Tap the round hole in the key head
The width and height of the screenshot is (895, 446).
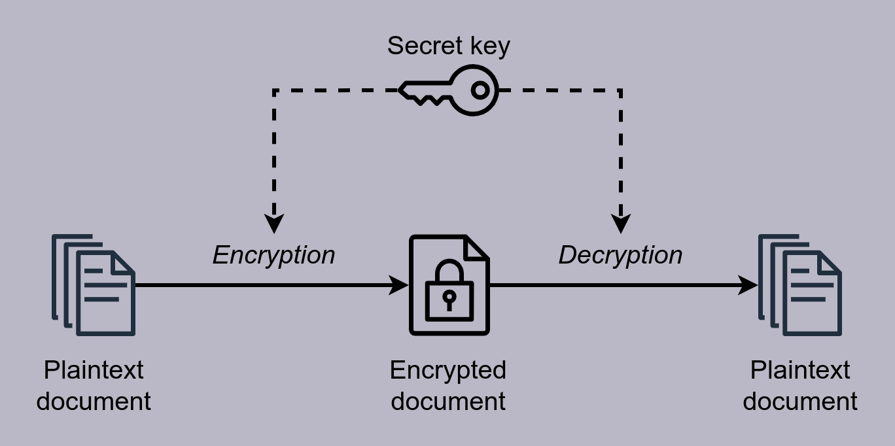point(480,90)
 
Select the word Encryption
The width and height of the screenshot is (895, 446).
point(273,255)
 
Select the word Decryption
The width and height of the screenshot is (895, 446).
point(620,255)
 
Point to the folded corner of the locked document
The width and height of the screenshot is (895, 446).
point(476,247)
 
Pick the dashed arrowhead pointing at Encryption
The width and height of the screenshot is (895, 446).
point(274,224)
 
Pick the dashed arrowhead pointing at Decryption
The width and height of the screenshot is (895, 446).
point(620,224)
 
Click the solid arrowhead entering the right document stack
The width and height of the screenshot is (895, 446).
point(748,285)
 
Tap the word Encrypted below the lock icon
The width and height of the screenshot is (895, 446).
point(448,371)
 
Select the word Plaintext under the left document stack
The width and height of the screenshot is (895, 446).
point(94,371)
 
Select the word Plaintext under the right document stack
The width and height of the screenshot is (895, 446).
point(799,371)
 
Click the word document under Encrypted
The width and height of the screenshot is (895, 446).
point(448,401)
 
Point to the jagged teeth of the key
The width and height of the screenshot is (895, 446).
point(429,99)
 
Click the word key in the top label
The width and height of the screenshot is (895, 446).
point(489,46)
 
